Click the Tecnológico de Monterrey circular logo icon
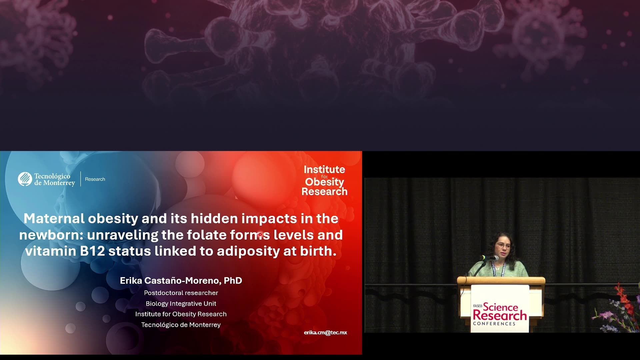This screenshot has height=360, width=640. (25, 179)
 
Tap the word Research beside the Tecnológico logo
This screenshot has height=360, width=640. (95, 179)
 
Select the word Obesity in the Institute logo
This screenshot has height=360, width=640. (324, 182)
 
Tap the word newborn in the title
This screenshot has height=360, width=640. (50, 235)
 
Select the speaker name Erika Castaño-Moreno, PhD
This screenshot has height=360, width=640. (181, 281)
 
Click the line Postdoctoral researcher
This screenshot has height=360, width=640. (181, 293)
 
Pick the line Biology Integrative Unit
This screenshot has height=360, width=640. (181, 304)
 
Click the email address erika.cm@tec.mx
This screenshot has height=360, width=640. (325, 333)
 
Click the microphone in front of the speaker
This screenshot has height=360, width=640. (489, 258)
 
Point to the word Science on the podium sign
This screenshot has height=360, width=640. (500, 307)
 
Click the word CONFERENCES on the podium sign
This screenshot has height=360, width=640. (494, 324)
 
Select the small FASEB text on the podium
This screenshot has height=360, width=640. (478, 306)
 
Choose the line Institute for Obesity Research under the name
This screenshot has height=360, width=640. (181, 314)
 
